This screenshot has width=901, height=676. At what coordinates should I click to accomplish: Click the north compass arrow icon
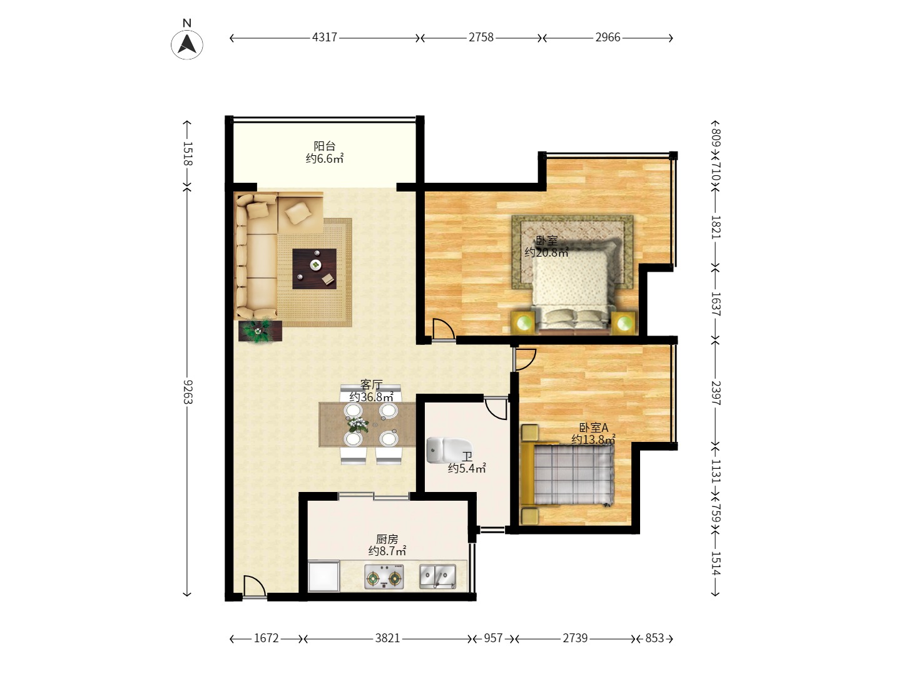coord(186,44)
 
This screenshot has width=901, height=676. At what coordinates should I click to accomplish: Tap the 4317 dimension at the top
coord(325,38)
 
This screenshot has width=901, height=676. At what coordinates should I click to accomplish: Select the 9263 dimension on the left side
coord(187,391)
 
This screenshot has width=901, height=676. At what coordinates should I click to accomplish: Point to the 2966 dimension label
coord(608,38)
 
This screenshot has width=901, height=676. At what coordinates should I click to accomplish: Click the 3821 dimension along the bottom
coord(387,638)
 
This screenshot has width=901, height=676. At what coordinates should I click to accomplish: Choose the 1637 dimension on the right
coord(716,304)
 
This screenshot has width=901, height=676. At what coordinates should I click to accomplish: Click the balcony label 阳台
coord(325,146)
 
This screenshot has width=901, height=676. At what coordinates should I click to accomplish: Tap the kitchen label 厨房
coord(387,539)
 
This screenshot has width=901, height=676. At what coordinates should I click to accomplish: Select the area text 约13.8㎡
coord(593,439)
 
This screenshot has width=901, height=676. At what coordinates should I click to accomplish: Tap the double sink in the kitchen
coord(437,576)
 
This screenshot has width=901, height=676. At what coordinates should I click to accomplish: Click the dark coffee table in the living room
coord(314,269)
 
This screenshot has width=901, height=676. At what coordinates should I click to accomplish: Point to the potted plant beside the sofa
coord(259,330)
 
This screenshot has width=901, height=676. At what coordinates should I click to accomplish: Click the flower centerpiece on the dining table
coord(358,425)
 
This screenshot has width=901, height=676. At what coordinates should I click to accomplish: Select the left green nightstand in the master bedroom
coord(524,323)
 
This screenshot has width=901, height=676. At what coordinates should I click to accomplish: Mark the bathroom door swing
coord(496,409)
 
